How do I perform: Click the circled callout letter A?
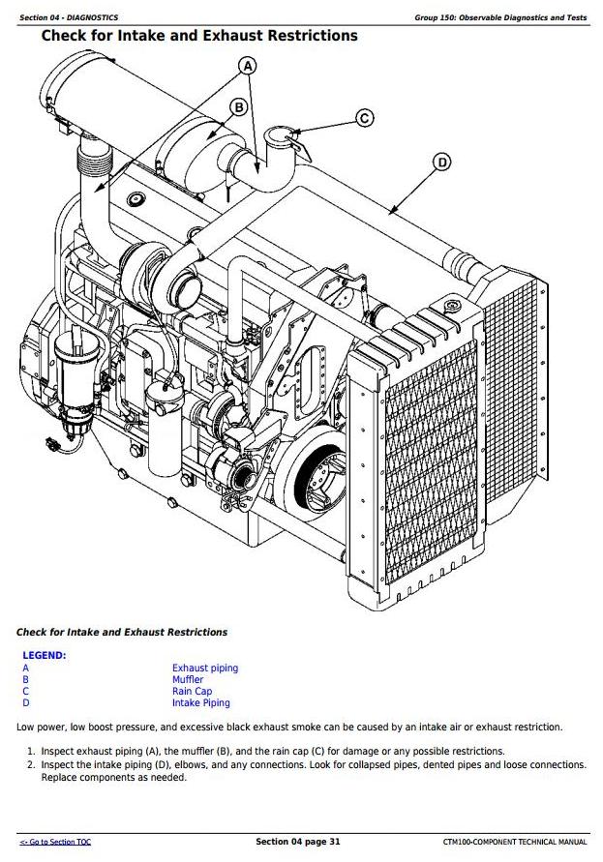coord(248,66)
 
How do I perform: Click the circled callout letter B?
coord(238,107)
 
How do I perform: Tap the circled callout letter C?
coord(365,118)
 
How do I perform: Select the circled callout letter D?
coord(442,162)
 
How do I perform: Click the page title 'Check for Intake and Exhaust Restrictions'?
coord(199,36)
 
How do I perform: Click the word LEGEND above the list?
coord(45,655)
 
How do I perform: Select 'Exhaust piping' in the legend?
coord(205,668)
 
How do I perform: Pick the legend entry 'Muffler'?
coord(188,679)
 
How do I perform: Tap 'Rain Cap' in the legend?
coord(192,691)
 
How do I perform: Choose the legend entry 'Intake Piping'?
coord(201,703)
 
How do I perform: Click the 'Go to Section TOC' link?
coord(56,843)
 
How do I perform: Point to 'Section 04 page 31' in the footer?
coord(298,842)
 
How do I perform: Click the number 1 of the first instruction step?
coord(31,752)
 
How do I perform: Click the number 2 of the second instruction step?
coord(31,764)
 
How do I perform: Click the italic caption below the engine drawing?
coord(122,632)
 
